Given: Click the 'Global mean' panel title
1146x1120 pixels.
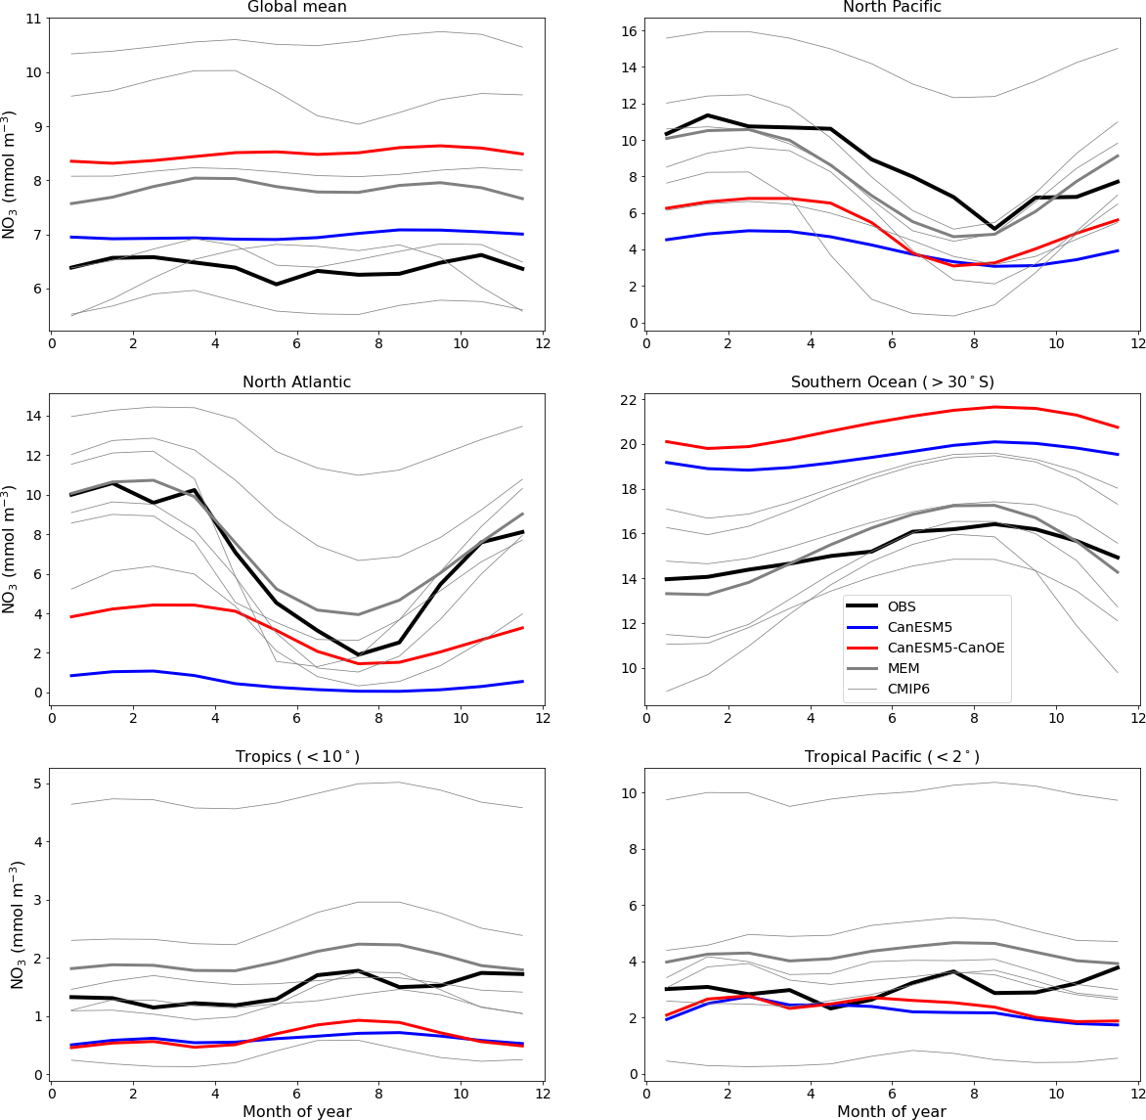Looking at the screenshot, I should click(296, 8).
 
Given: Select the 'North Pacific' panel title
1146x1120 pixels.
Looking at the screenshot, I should click(892, 8).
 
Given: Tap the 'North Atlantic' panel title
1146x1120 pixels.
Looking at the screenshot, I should click(296, 382).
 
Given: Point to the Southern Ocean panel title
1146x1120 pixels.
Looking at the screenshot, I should click(892, 382).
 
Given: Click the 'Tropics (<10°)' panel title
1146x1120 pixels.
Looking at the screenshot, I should click(296, 757).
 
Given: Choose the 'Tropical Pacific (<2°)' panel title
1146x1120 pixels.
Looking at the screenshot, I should click(892, 757).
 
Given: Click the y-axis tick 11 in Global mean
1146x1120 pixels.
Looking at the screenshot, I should click(32, 19).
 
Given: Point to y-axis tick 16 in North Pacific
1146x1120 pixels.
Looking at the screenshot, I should click(628, 31).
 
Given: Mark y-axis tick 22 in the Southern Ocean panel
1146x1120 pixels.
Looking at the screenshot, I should click(628, 400).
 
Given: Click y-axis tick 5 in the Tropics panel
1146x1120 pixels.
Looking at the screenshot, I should click(36, 784).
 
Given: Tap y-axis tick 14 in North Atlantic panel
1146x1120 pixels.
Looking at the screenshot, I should click(32, 416).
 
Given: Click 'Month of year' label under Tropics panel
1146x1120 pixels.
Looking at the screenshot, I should click(296, 1111).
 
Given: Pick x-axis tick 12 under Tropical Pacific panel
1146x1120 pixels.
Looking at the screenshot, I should click(1137, 1092).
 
